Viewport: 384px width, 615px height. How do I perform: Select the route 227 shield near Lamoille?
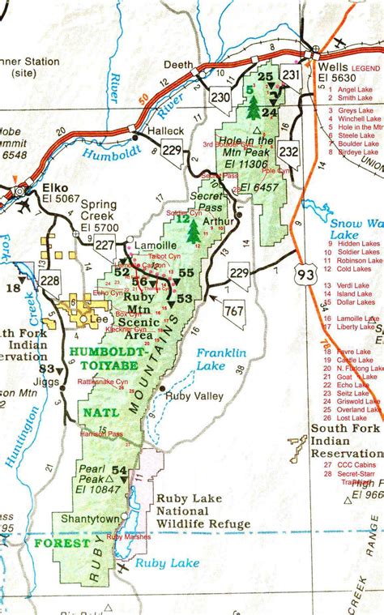105,244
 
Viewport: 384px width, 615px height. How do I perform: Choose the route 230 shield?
220,96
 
